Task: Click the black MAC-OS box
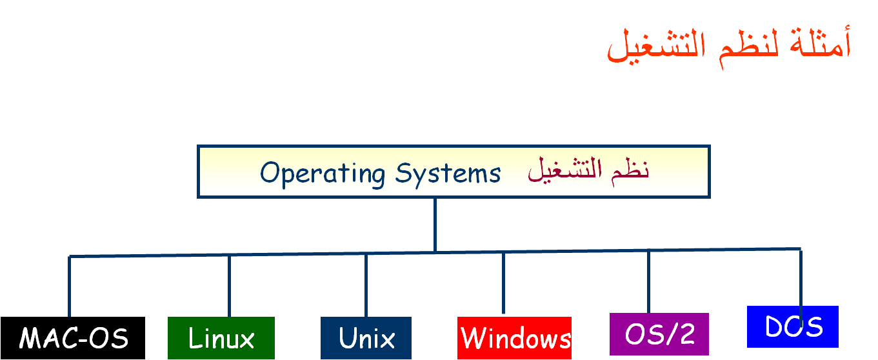pyautogui.click(x=72, y=338)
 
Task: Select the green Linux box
pyautogui.click(x=221, y=338)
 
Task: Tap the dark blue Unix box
pyautogui.click(x=366, y=338)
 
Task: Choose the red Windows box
pyautogui.click(x=514, y=338)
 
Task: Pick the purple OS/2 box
pyautogui.click(x=659, y=334)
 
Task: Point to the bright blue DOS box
pyautogui.click(x=792, y=326)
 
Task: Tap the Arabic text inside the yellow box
pyautogui.click(x=588, y=170)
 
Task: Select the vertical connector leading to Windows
pyautogui.click(x=503, y=283)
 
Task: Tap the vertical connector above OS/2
pyautogui.click(x=648, y=281)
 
